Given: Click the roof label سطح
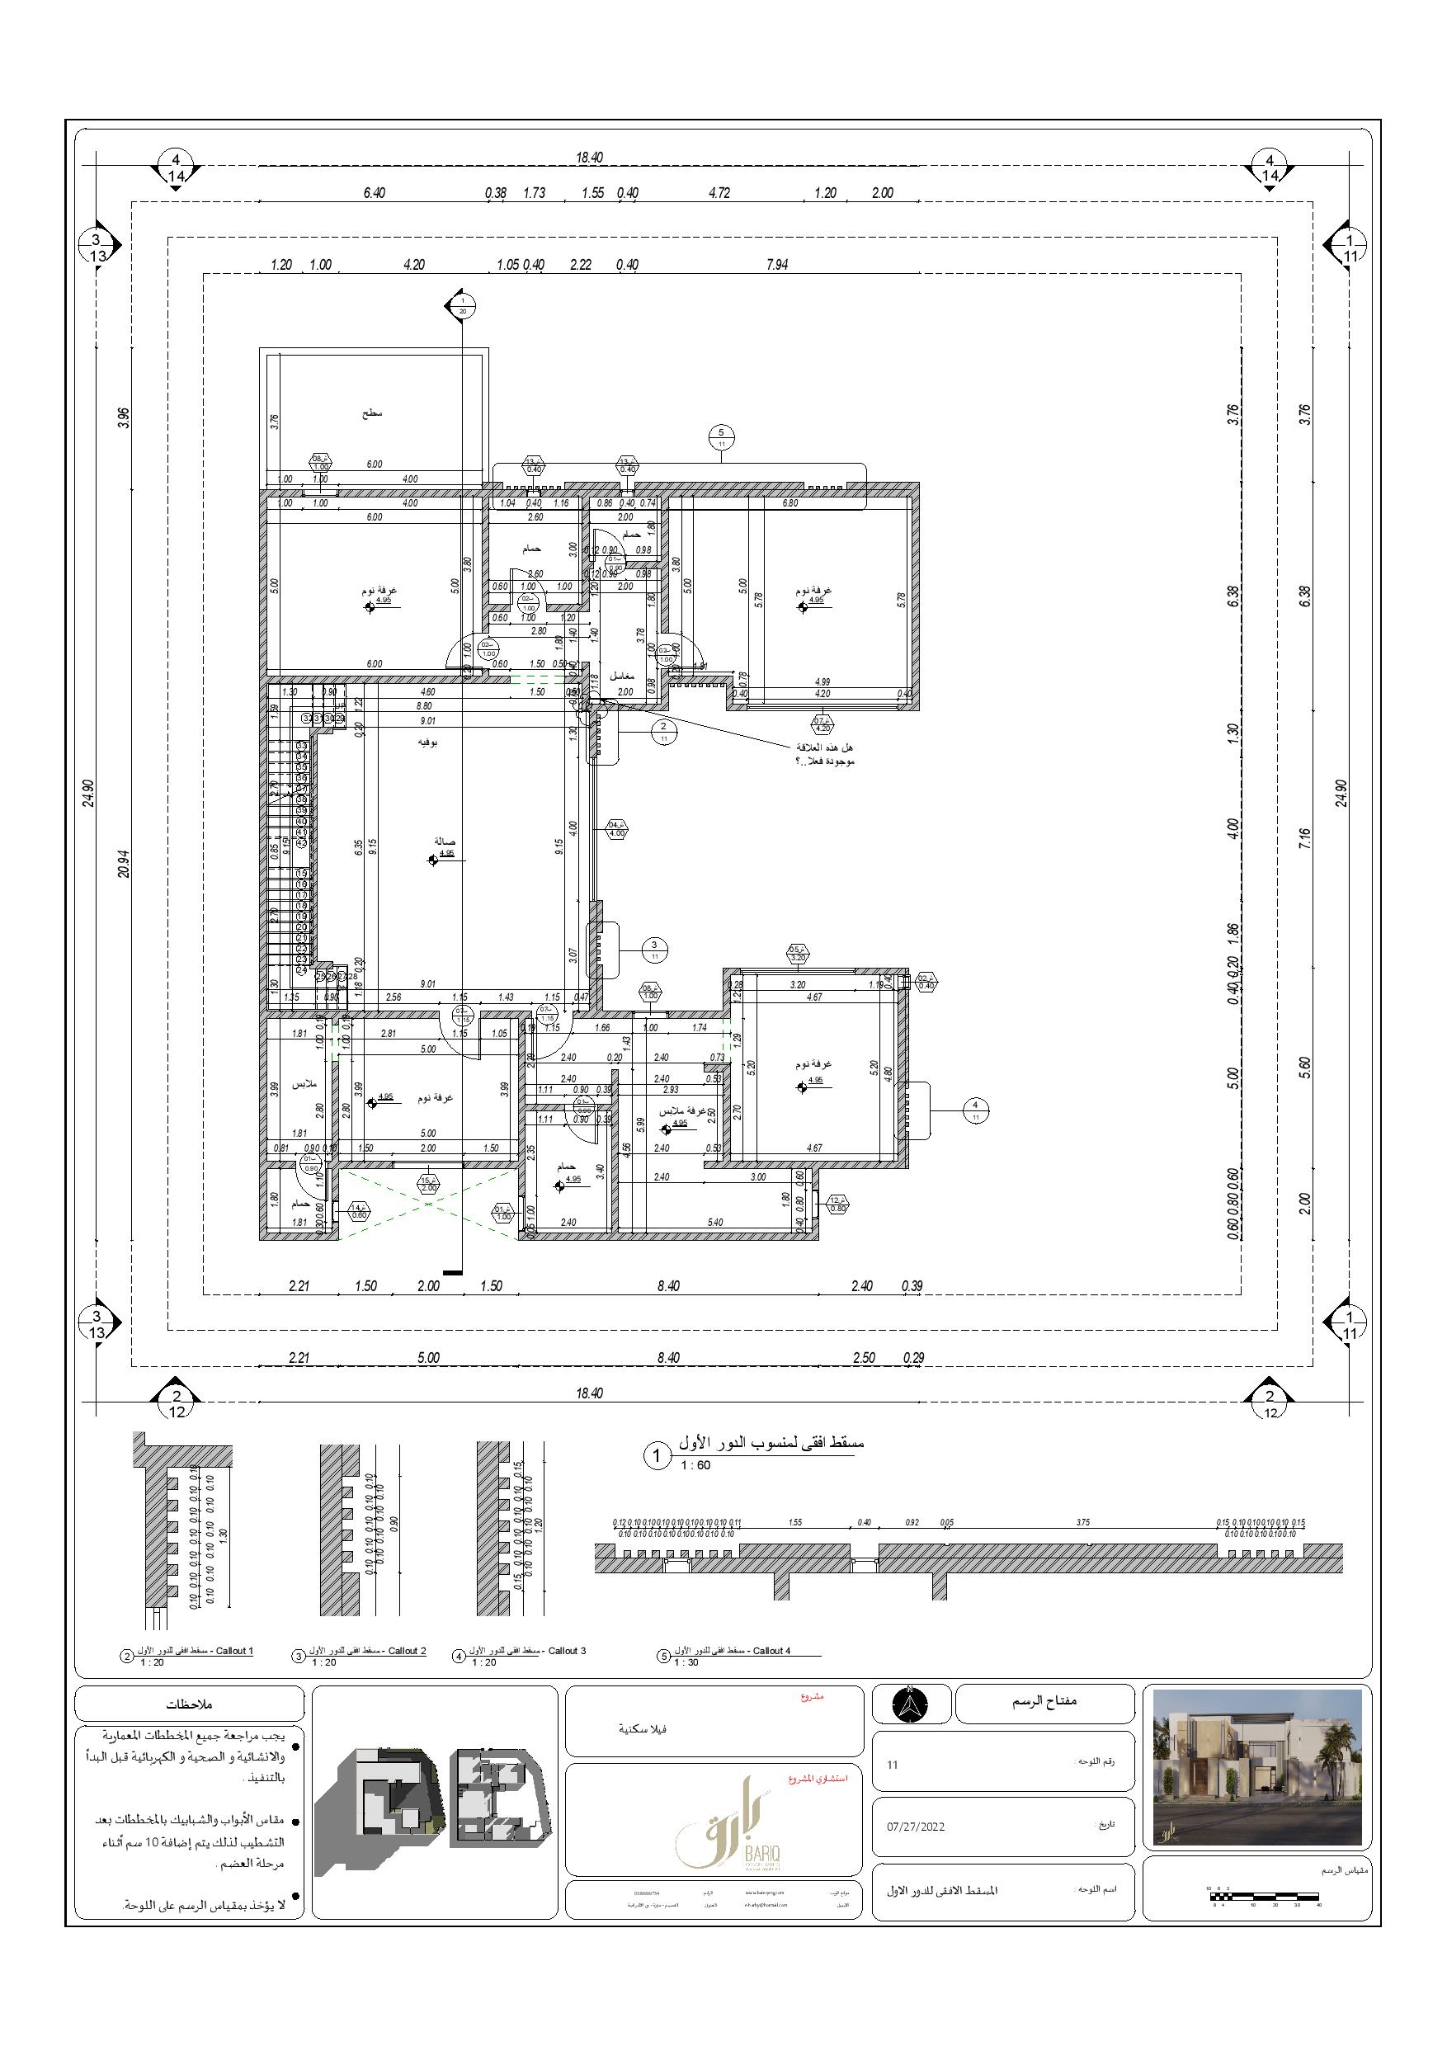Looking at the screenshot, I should point(371,413).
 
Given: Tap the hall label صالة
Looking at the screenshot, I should point(445,841).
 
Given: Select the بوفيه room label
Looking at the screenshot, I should point(427,742).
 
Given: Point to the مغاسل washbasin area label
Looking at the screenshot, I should point(621,676).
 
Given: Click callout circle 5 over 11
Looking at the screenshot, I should point(721,436).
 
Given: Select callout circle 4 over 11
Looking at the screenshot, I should point(976,1110).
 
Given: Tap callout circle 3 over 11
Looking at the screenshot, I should point(654,950).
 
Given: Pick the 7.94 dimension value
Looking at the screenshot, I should point(776,265).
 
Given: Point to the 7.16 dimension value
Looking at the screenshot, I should point(1304,838).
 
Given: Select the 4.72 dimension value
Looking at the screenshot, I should point(719,192).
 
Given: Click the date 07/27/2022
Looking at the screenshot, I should point(915,1826).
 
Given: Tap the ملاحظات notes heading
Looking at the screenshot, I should point(189,1704).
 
